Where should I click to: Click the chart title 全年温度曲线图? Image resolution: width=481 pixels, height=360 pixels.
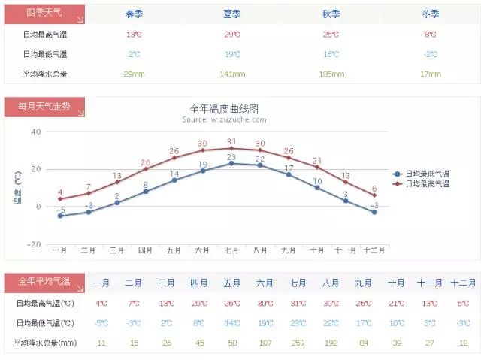224,108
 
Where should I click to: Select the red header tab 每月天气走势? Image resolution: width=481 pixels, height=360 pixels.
44,107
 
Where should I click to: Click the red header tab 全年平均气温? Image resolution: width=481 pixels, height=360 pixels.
44,282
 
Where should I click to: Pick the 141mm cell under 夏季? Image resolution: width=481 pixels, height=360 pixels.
232,74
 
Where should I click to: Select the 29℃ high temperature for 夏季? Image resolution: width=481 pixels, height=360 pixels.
232,35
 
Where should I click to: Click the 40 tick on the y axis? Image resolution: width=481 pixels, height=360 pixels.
36,132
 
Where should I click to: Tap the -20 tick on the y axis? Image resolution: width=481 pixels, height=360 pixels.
35,244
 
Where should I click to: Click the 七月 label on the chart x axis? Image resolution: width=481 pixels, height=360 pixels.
231,250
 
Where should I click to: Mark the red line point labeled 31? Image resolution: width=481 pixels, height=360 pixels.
231,148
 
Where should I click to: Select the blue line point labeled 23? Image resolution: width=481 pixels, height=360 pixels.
231,163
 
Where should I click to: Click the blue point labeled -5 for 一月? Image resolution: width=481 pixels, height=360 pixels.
60,216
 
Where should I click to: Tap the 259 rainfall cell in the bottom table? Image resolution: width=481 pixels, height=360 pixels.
298,343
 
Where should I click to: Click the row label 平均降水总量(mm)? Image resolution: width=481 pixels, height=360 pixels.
44,343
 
